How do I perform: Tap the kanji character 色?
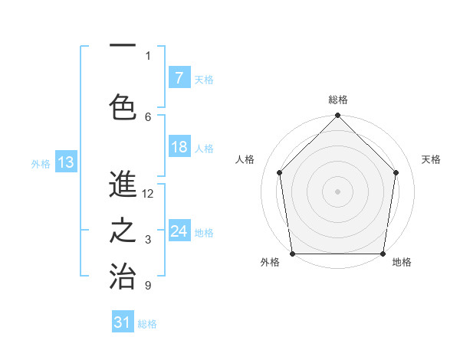123,106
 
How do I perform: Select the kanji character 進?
123,184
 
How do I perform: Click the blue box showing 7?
179,77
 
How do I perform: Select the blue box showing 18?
179,148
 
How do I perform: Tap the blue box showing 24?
179,231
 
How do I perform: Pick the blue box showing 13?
65,162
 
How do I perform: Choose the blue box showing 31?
123,322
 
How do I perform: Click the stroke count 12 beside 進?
148,194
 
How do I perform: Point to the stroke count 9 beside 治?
148,286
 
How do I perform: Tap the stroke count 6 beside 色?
148,116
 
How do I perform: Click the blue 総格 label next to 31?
147,324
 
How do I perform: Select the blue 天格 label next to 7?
204,79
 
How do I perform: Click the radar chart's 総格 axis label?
338,100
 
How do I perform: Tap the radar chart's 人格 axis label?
245,159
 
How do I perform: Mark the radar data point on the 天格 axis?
396,172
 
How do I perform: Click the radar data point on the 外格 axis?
292,254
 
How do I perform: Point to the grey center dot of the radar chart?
338,191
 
